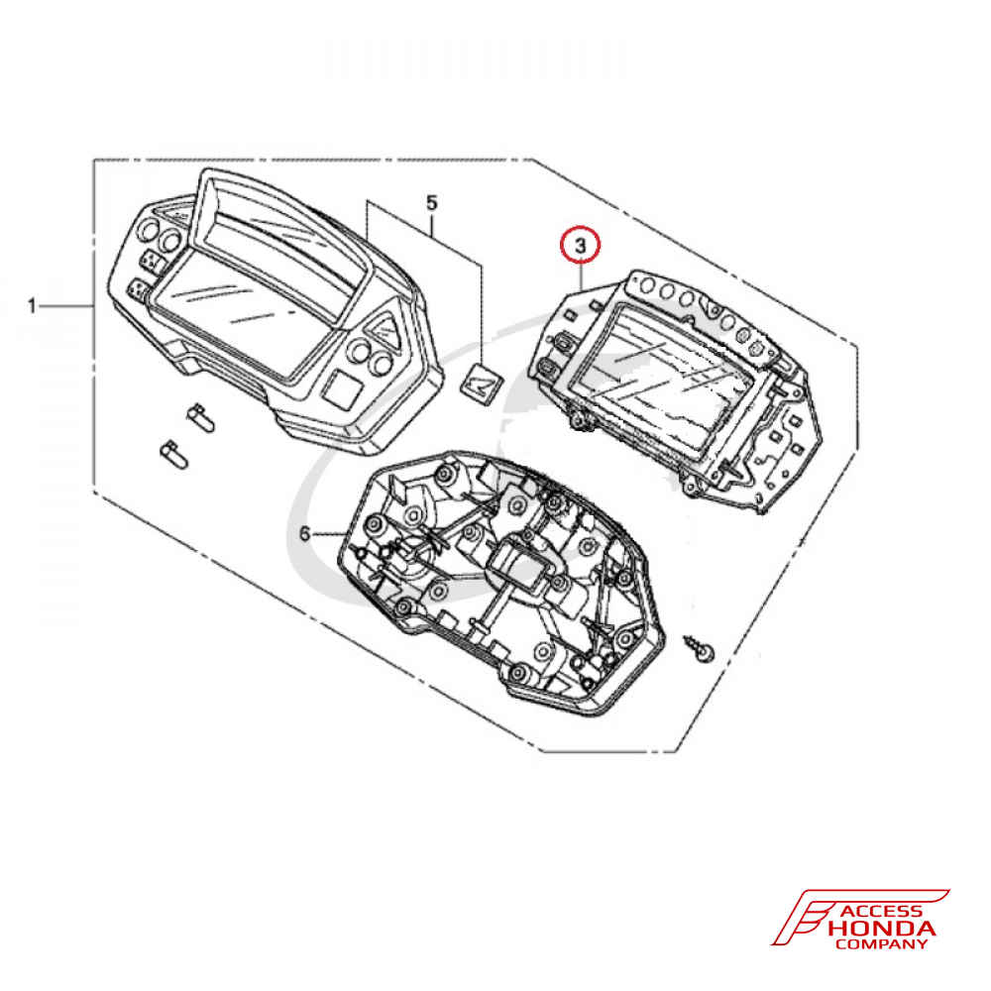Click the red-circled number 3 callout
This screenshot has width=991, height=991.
(580, 245)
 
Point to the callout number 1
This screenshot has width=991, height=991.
(33, 306)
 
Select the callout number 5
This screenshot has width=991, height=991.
(432, 203)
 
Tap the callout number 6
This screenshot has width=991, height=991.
(305, 535)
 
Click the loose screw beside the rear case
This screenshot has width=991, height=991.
(701, 649)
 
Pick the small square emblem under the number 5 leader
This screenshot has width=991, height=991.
(482, 383)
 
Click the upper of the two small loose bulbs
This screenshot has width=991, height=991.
(200, 416)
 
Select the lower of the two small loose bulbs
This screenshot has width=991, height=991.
(173, 455)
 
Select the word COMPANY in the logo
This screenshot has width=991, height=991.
(881, 944)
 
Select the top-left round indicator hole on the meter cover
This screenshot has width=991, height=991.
(148, 230)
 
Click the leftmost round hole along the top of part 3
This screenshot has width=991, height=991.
(647, 286)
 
